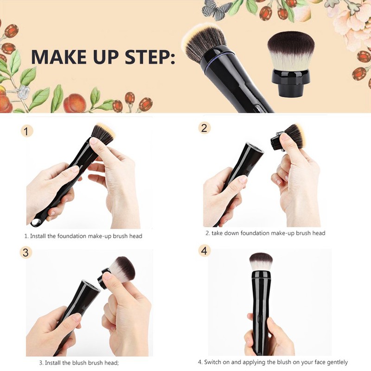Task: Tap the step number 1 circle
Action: click(27, 131)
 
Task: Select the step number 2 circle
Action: click(205, 128)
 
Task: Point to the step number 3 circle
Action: click(26, 253)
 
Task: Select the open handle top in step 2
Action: click(254, 149)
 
